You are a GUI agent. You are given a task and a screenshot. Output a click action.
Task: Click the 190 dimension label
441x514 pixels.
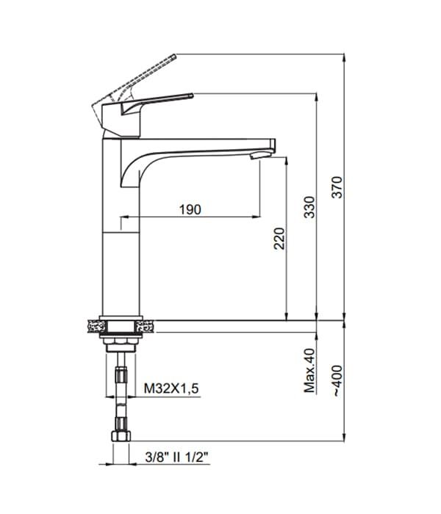point(190,209)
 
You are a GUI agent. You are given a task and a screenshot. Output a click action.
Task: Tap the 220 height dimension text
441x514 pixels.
point(279,239)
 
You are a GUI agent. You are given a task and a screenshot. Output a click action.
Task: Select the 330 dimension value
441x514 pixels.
point(309,207)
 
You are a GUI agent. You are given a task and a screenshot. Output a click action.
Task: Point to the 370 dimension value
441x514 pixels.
point(337,187)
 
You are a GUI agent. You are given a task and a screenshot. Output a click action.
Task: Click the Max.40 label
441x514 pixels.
point(309,370)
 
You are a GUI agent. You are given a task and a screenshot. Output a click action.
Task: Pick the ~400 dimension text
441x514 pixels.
point(337,380)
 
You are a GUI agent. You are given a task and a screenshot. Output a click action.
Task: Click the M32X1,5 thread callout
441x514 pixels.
point(171,388)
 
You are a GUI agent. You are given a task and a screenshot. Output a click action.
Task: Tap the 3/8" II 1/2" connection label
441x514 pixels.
point(177,457)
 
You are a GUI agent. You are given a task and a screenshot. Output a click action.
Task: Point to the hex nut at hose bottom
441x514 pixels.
point(121,436)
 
